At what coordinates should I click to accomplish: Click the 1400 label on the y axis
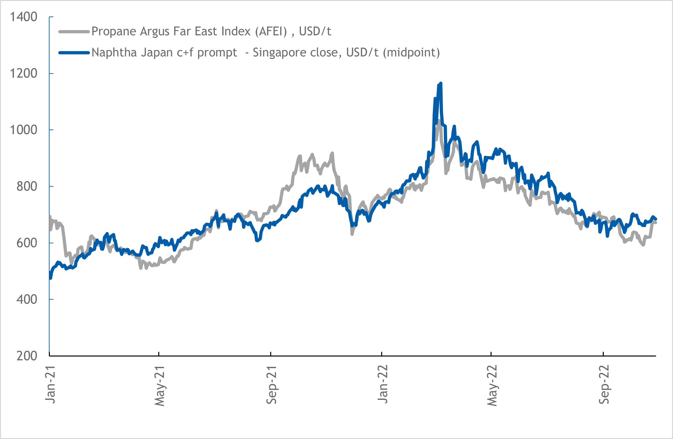pyautogui.click(x=24, y=17)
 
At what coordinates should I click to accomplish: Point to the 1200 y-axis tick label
pyautogui.click(x=24, y=73)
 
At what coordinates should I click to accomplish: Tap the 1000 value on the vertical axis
pyautogui.click(x=24, y=130)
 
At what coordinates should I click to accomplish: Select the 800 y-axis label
pyautogui.click(x=27, y=186)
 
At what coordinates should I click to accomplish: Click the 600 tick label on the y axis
pyautogui.click(x=27, y=243)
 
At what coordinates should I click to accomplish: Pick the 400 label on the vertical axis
pyautogui.click(x=27, y=299)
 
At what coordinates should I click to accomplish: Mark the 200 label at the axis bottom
pyautogui.click(x=27, y=356)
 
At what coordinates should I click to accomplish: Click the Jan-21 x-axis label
pyautogui.click(x=50, y=385)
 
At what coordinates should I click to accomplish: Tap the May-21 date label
pyautogui.click(x=160, y=386)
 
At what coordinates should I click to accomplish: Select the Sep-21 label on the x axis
pyautogui.click(x=271, y=385)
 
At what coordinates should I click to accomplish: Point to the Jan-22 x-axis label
pyautogui.click(x=383, y=384)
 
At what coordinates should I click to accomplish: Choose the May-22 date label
pyautogui.click(x=492, y=385)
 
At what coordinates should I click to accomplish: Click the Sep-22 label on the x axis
pyautogui.click(x=604, y=385)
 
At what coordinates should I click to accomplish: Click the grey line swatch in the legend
pyautogui.click(x=74, y=32)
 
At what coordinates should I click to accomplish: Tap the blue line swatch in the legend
pyautogui.click(x=74, y=53)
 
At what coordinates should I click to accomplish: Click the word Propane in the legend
pyautogui.click(x=114, y=32)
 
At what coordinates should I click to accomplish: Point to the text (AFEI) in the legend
pyautogui.click(x=271, y=32)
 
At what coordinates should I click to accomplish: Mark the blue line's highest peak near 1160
pyautogui.click(x=441, y=83)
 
